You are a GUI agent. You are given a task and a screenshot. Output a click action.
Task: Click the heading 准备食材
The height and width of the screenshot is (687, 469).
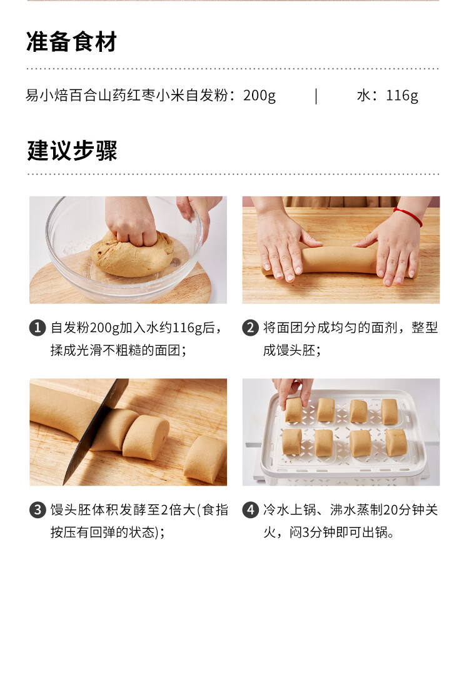(x=71, y=43)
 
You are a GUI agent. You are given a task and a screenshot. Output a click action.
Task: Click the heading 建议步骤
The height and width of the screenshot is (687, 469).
(x=71, y=151)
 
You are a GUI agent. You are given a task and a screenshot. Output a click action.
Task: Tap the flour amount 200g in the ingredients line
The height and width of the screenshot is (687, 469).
(x=259, y=96)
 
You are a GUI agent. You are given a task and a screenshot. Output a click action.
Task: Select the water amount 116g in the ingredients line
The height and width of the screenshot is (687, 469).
(x=402, y=96)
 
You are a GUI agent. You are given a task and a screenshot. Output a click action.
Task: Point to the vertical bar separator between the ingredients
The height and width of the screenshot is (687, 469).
(x=316, y=96)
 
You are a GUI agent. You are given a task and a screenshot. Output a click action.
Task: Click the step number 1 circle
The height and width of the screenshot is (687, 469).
(x=38, y=328)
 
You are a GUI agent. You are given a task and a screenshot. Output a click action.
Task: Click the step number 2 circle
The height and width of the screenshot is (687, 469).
(x=250, y=328)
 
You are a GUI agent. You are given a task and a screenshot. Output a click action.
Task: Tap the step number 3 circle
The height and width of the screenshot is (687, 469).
(x=38, y=510)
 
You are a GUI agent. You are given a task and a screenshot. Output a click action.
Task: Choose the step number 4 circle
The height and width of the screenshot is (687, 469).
(x=250, y=510)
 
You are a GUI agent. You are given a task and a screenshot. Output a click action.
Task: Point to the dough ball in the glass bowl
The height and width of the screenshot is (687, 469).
(x=131, y=254)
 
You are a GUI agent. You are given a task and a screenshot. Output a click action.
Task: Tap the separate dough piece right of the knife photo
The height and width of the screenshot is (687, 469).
(x=205, y=459)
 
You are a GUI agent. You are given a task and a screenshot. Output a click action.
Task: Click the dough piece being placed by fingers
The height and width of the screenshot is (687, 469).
(x=294, y=410)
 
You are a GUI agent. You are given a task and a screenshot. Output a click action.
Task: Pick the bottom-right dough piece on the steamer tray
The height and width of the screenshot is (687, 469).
(x=395, y=442)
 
